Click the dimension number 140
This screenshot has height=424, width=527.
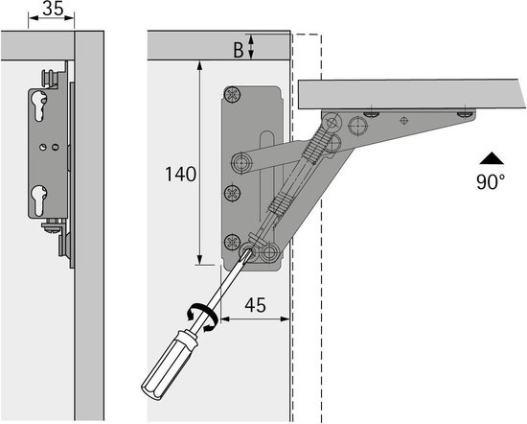(x=180, y=175)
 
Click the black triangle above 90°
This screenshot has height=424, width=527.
(x=491, y=158)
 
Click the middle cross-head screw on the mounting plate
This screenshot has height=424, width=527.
(x=233, y=193)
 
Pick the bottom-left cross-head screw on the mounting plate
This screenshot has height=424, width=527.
(x=232, y=243)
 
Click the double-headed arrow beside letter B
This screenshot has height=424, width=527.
(x=252, y=46)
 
